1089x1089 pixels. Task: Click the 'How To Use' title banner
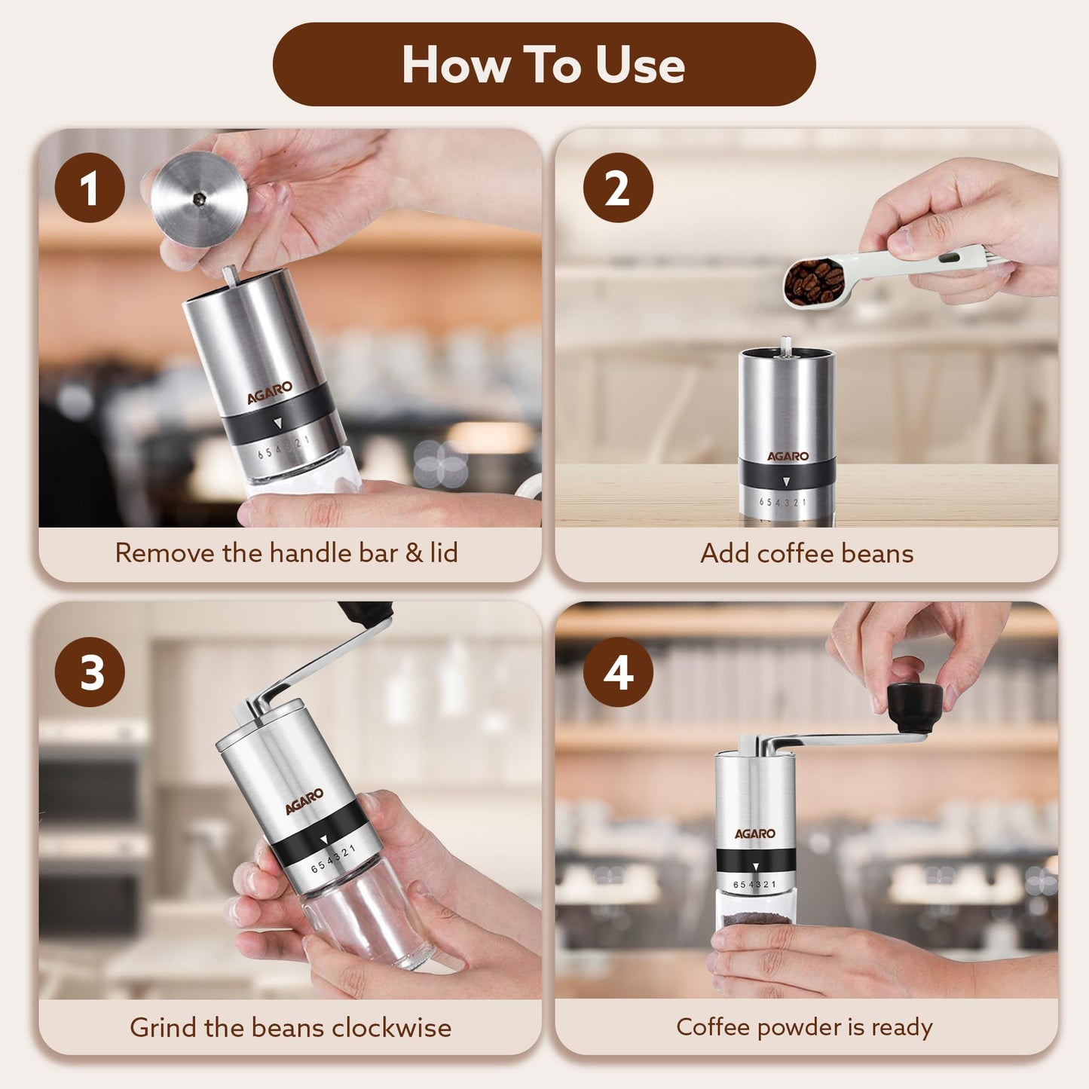point(543,64)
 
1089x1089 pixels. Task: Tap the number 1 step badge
point(90,188)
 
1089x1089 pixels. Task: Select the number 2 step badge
point(617,188)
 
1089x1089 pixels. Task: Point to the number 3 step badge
point(90,671)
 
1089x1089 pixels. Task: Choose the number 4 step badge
point(617,671)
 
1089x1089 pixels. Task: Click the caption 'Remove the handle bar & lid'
point(286,553)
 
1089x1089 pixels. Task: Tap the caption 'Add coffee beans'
point(806,553)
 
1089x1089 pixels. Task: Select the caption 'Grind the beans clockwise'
point(290,1027)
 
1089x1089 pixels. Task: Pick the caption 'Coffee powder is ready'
point(804,1026)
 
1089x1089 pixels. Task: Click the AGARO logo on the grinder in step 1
point(270,392)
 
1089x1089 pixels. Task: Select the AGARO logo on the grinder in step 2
point(788,456)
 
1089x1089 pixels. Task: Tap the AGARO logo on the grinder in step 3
point(304,801)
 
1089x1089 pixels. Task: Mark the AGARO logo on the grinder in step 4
point(754,834)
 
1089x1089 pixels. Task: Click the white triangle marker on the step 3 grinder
point(324,840)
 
